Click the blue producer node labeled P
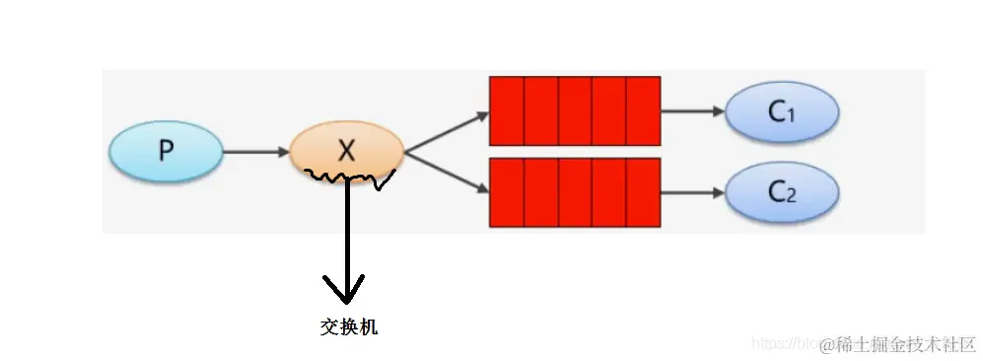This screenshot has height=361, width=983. (x=166, y=151)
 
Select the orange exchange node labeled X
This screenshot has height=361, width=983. (x=346, y=151)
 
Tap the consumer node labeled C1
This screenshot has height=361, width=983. (x=782, y=112)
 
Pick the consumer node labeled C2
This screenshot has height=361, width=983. (x=782, y=192)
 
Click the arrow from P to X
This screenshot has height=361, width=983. (x=254, y=152)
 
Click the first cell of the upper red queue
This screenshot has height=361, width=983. (x=507, y=110)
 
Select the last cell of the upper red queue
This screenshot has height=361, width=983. (x=643, y=110)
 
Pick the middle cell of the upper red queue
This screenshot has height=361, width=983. (x=575, y=110)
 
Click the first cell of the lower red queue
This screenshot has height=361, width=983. (x=507, y=191)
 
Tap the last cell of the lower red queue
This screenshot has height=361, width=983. (x=643, y=191)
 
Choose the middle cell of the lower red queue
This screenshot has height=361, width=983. (x=575, y=191)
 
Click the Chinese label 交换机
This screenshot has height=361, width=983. (x=349, y=327)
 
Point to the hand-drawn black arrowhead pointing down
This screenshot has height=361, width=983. (x=345, y=289)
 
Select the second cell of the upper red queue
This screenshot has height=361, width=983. (x=540, y=110)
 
